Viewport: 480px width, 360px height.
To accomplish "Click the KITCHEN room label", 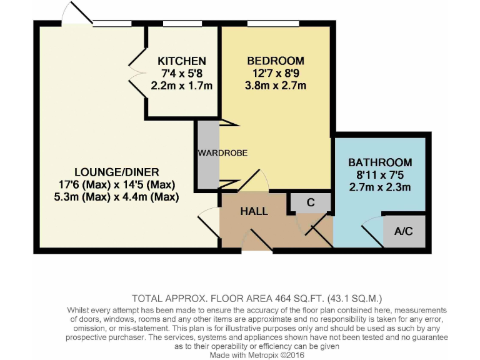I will (181, 61).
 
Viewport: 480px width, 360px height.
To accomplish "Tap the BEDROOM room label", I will (276, 61).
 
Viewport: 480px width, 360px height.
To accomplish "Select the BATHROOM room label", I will (380, 162).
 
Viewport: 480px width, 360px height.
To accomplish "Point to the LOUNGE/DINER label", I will (117, 172).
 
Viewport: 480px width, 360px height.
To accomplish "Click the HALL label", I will (254, 211).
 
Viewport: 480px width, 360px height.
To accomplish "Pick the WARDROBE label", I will (223, 153).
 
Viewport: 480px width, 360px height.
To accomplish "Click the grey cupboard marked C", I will (310, 202).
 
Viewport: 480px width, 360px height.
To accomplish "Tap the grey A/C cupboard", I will (404, 231).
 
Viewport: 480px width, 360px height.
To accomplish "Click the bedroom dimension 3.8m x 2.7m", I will (276, 86).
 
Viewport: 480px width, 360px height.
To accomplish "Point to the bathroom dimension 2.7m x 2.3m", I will (380, 187).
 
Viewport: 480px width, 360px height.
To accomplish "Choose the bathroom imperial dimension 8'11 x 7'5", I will (380, 175).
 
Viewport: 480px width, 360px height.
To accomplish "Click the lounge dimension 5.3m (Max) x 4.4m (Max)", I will (117, 197).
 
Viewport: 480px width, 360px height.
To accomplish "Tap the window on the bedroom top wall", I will (264, 24).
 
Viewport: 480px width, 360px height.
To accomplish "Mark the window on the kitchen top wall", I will (181, 24).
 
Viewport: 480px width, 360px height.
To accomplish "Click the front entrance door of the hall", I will (256, 241).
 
